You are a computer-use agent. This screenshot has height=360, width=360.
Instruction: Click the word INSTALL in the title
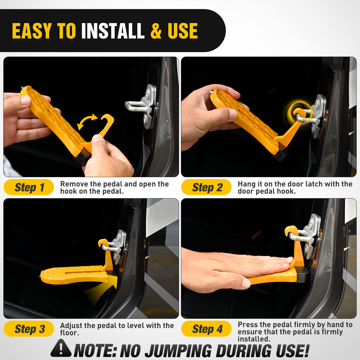tap(113, 31)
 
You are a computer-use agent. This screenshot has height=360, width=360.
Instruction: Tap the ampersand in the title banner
tap(156, 31)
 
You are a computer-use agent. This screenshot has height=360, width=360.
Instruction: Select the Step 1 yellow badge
tap(29, 187)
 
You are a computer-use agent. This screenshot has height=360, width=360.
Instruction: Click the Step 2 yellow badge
tap(206, 187)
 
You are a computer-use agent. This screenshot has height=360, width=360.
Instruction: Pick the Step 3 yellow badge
tap(29, 329)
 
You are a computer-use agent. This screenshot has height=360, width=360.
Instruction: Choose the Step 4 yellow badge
tap(206, 329)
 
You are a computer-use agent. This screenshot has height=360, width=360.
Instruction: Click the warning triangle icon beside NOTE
tap(61, 348)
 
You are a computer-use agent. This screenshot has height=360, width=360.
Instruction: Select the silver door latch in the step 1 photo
tap(142, 105)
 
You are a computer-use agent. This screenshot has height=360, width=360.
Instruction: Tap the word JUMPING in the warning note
tap(178, 350)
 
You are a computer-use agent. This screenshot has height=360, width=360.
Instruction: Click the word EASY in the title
tap(32, 31)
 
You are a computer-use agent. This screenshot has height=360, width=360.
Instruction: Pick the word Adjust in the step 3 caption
tap(71, 326)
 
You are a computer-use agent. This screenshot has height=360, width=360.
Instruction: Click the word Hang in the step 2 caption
tap(246, 184)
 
